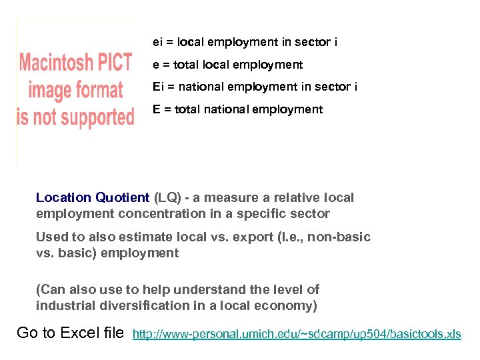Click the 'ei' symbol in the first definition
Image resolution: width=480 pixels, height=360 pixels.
tap(157, 43)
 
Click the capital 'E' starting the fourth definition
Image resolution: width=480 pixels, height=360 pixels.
tap(156, 109)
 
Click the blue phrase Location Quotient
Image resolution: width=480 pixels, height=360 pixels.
tap(93, 198)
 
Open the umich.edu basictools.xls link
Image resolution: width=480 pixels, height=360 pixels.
tap(297, 334)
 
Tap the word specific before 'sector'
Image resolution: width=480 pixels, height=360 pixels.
tap(267, 214)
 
